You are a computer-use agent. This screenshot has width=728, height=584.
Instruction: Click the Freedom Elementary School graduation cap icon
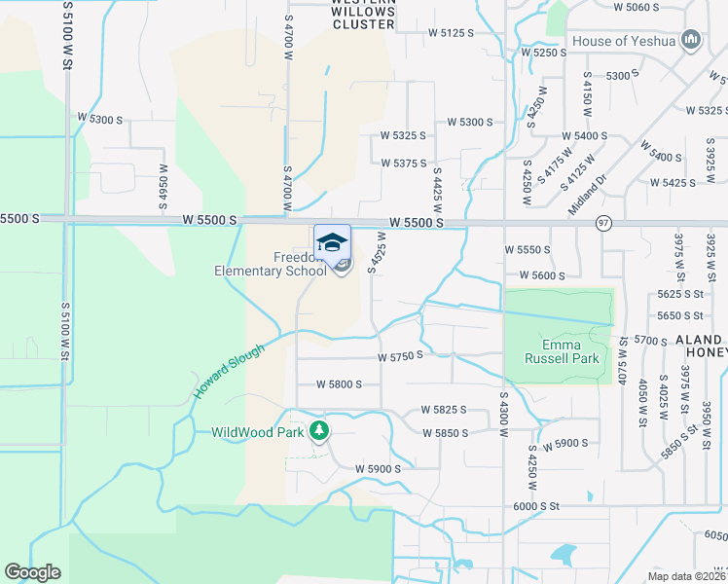tap(332, 240)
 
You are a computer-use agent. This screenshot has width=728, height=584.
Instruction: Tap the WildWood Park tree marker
tap(319, 431)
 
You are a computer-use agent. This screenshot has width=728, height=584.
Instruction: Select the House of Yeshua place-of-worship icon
tap(692, 40)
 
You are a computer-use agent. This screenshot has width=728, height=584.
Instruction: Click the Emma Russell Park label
tap(553, 351)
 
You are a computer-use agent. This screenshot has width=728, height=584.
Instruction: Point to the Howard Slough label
tap(228, 371)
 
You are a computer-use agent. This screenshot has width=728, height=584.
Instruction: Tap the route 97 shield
tap(603, 223)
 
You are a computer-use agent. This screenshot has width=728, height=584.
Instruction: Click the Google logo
tap(33, 572)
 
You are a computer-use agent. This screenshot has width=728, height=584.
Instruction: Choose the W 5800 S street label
tap(339, 384)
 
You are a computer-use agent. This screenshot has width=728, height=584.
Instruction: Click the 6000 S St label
tap(538, 506)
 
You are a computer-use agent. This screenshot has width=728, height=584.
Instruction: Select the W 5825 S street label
tap(444, 411)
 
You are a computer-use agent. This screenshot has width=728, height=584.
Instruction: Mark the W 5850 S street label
tap(445, 432)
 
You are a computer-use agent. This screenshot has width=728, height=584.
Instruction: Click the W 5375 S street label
tap(404, 164)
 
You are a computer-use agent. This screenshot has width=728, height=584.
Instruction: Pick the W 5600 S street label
tap(542, 275)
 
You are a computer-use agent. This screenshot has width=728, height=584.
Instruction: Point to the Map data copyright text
tap(685, 574)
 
